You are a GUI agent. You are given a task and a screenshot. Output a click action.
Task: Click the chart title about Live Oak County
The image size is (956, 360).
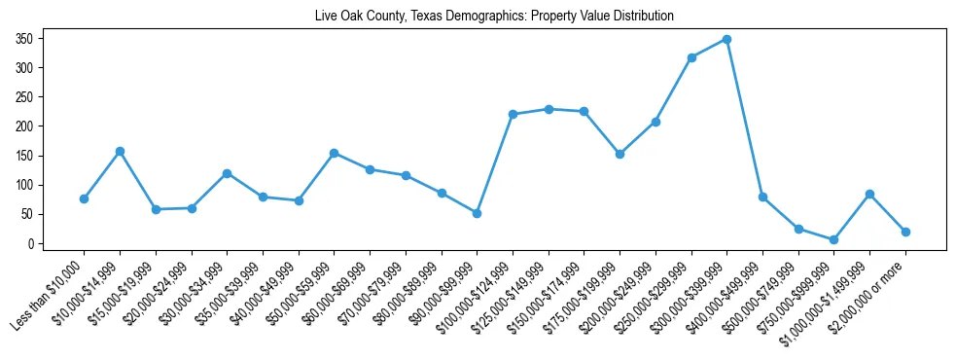coord(494,17)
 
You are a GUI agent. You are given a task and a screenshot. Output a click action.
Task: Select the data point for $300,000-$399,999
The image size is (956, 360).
coord(726,39)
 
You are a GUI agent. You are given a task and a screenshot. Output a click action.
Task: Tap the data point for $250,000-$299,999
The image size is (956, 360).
coord(691,57)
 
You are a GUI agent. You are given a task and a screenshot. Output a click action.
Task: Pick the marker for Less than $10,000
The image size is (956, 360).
coord(84,198)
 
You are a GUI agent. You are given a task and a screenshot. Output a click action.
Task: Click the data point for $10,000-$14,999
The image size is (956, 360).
coord(120,151)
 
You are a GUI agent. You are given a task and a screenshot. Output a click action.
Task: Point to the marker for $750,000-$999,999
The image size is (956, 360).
coord(834,239)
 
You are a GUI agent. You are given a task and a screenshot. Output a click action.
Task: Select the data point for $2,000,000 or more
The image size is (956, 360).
coord(905,232)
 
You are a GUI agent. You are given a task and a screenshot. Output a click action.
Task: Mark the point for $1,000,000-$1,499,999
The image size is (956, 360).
coord(869,194)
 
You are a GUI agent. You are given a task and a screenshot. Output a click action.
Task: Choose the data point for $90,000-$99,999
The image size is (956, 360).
coord(477,213)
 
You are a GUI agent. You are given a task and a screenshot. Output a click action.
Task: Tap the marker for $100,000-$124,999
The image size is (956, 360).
coord(513,114)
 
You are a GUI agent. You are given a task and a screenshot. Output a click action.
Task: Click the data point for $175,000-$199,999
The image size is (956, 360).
coord(620,154)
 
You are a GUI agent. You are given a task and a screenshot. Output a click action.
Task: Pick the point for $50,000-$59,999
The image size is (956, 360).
coord(334,153)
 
